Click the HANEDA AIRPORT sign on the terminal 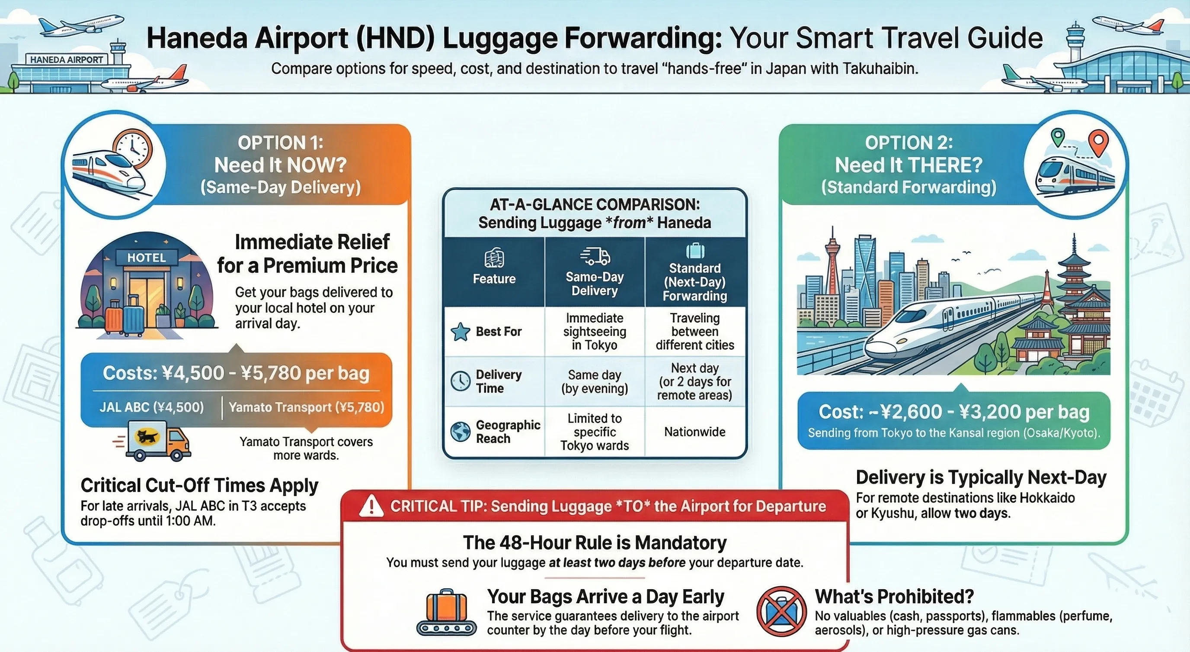pyautogui.click(x=67, y=60)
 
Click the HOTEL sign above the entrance pyautogui.click(x=146, y=258)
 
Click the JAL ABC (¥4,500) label pyautogui.click(x=151, y=407)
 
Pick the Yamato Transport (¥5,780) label pyautogui.click(x=306, y=407)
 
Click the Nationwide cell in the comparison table pyautogui.click(x=694, y=432)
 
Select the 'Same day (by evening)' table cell pyautogui.click(x=594, y=381)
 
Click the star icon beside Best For pyautogui.click(x=460, y=332)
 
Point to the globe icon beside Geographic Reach pyautogui.click(x=460, y=432)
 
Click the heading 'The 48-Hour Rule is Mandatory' pyautogui.click(x=595, y=542)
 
